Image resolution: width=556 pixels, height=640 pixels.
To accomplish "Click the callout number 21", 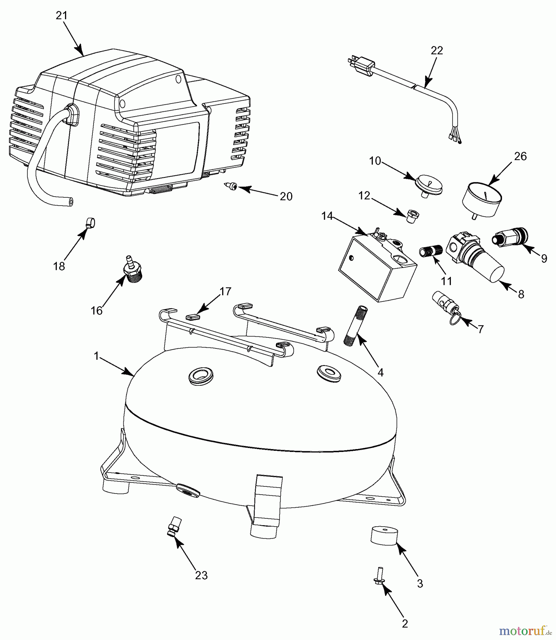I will (61, 16).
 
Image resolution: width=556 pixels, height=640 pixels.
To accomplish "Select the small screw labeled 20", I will (232, 186).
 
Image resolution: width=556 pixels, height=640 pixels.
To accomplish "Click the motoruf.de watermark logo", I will (525, 631).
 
